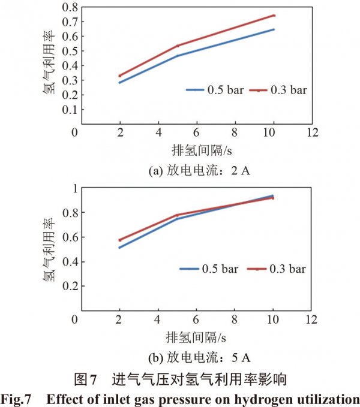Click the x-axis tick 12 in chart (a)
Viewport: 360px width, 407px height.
[311, 132]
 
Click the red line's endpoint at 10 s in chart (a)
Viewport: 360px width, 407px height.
[274, 16]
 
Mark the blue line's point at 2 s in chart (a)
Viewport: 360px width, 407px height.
[120, 82]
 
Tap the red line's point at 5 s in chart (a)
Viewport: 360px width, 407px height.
[177, 46]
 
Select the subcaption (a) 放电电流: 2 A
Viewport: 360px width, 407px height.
[198, 171]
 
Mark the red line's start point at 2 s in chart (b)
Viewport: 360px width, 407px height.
[120, 240]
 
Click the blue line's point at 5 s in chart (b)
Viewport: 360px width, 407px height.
[177, 219]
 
